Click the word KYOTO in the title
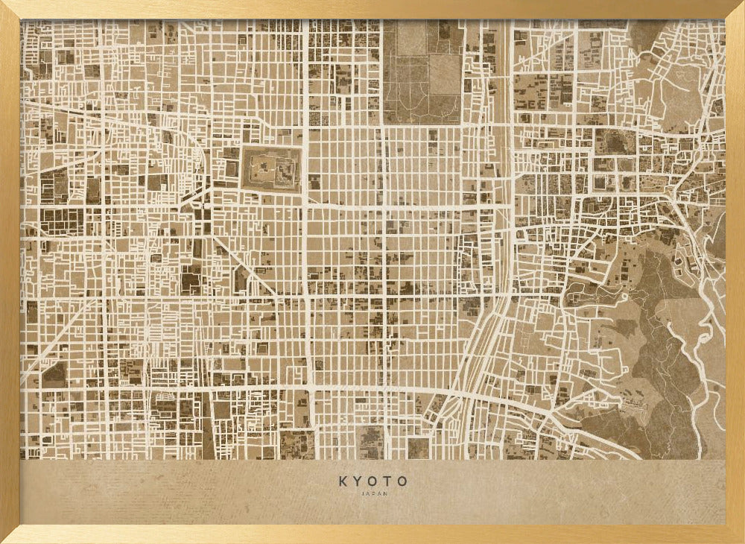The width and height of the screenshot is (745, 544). [x=373, y=481]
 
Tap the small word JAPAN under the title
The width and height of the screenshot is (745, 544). [x=373, y=493]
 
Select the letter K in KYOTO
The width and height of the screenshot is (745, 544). [x=343, y=481]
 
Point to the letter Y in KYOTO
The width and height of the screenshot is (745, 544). [x=358, y=481]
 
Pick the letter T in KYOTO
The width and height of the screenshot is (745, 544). [x=388, y=481]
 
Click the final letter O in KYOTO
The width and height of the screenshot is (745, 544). [x=403, y=481]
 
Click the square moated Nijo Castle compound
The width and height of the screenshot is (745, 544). [x=271, y=169]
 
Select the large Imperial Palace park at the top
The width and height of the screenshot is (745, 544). [x=421, y=71]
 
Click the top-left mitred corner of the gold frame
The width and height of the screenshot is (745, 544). [x=9, y=9]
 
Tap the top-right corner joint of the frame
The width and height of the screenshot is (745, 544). [x=736, y=9]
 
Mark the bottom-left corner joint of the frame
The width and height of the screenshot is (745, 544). [x=9, y=535]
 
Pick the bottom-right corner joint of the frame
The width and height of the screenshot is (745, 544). [x=736, y=535]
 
